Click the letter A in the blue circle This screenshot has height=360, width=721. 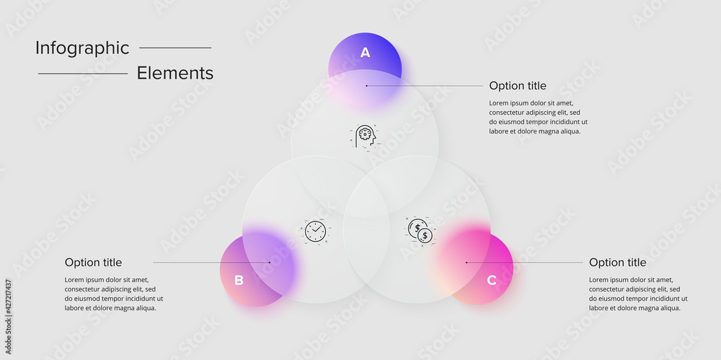(365, 52)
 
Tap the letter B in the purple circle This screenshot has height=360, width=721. (239, 280)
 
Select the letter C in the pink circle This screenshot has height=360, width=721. (491, 280)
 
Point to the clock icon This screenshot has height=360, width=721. (315, 231)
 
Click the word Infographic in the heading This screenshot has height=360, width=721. (82, 48)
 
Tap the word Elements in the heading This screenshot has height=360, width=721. (175, 73)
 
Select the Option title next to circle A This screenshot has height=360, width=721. (518, 86)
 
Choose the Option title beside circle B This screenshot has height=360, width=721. (93, 263)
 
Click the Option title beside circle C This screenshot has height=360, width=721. (617, 263)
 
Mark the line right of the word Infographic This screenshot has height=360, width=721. (175, 48)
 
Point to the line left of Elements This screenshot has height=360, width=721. (82, 74)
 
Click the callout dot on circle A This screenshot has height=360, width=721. (366, 86)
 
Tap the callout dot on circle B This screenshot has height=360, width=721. (270, 263)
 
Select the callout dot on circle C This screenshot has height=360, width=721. (466, 263)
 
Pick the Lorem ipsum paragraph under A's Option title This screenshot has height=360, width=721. (538, 117)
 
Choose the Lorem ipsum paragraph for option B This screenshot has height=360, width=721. (114, 294)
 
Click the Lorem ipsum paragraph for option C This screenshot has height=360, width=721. (638, 294)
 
